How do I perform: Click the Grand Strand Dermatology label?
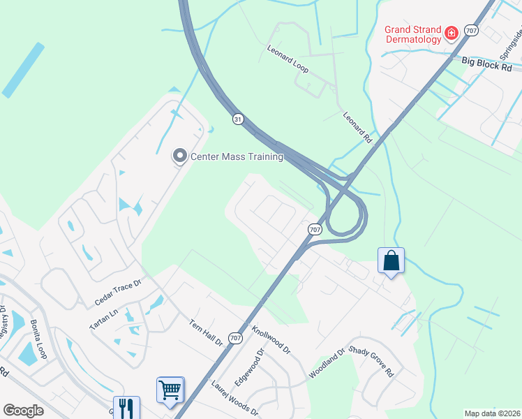click(413, 34)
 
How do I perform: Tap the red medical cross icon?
click(452, 33)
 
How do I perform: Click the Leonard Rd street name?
click(357, 128)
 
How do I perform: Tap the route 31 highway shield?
click(238, 120)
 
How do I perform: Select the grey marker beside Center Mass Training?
click(179, 156)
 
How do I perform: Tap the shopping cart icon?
click(170, 390)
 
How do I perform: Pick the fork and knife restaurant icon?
click(126, 407)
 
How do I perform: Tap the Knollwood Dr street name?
click(271, 338)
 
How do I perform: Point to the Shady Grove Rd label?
click(372, 361)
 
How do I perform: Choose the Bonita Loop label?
click(38, 339)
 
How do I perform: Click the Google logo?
click(23, 411)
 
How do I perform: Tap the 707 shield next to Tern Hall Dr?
click(235, 339)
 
